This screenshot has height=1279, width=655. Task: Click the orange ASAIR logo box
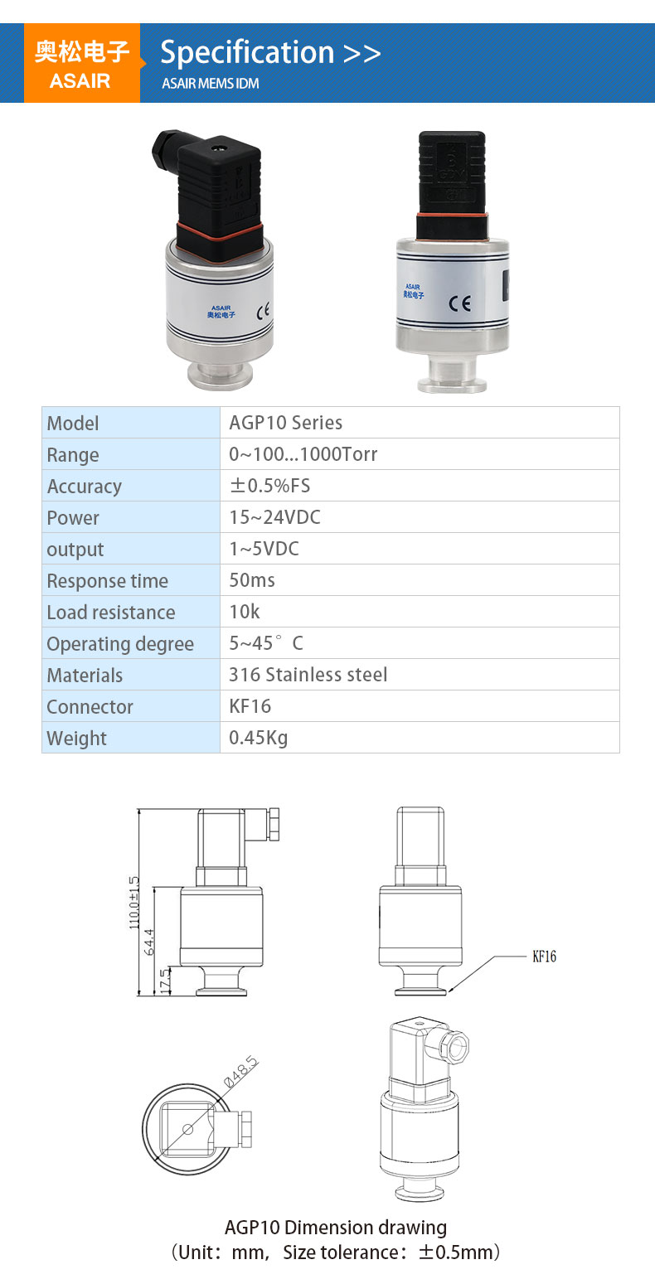(81, 64)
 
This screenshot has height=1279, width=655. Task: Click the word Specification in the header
(246, 53)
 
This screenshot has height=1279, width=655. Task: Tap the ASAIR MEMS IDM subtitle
(210, 84)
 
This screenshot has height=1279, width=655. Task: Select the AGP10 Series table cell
(285, 423)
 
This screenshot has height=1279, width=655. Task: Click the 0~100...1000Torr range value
(303, 454)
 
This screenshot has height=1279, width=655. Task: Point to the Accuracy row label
(84, 487)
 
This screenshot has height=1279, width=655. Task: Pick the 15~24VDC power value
(274, 518)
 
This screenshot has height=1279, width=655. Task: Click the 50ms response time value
(252, 580)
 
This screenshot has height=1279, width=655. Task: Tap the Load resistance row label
(110, 613)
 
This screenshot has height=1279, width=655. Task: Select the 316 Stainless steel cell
(308, 675)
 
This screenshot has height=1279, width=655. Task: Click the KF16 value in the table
(250, 706)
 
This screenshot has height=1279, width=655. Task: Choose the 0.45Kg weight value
(258, 738)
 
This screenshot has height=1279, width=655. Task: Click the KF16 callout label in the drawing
(544, 957)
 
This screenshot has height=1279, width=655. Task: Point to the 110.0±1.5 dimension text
(134, 903)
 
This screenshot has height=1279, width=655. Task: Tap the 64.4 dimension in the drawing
(150, 942)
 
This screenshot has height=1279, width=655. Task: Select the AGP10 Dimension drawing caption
(335, 1227)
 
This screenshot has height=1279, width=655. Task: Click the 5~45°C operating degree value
(265, 643)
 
